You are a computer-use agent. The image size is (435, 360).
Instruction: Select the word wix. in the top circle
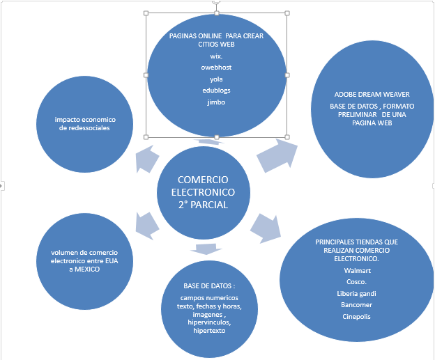point(216,56)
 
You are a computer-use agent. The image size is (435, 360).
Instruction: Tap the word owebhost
point(216,68)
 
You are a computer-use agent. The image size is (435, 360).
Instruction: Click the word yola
point(216,79)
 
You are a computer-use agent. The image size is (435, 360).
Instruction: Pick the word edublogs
point(216,91)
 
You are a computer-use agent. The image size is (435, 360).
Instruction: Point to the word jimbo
point(216,102)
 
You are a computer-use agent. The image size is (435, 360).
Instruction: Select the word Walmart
point(357,269)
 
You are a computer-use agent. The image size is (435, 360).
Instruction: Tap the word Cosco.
point(357,281)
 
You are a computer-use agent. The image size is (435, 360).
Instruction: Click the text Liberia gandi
point(357,293)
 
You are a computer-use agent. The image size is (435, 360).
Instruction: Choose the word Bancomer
point(357,305)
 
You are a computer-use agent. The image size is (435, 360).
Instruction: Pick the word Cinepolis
point(357,317)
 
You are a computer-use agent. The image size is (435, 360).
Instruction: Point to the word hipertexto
point(209,331)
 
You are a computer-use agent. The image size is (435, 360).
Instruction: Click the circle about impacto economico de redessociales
point(86,123)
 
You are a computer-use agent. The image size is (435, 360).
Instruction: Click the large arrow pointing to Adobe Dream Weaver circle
point(276,155)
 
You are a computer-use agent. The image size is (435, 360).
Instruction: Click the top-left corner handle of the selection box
point(146,13)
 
